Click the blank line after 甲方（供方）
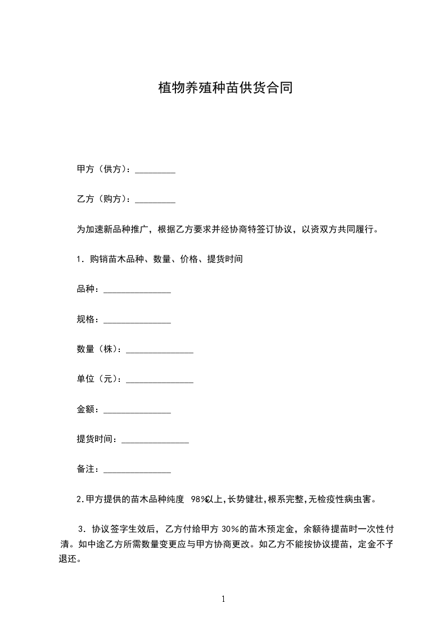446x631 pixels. click(155, 170)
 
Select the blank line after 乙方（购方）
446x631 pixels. click(155, 200)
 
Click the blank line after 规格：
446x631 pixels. click(137, 320)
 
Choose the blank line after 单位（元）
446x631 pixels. click(160, 380)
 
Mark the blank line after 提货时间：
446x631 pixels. click(155, 440)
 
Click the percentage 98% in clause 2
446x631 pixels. click(199, 499)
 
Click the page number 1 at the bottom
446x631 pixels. click(223, 600)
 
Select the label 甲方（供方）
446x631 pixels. click(103, 170)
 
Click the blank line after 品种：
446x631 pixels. click(137, 290)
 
